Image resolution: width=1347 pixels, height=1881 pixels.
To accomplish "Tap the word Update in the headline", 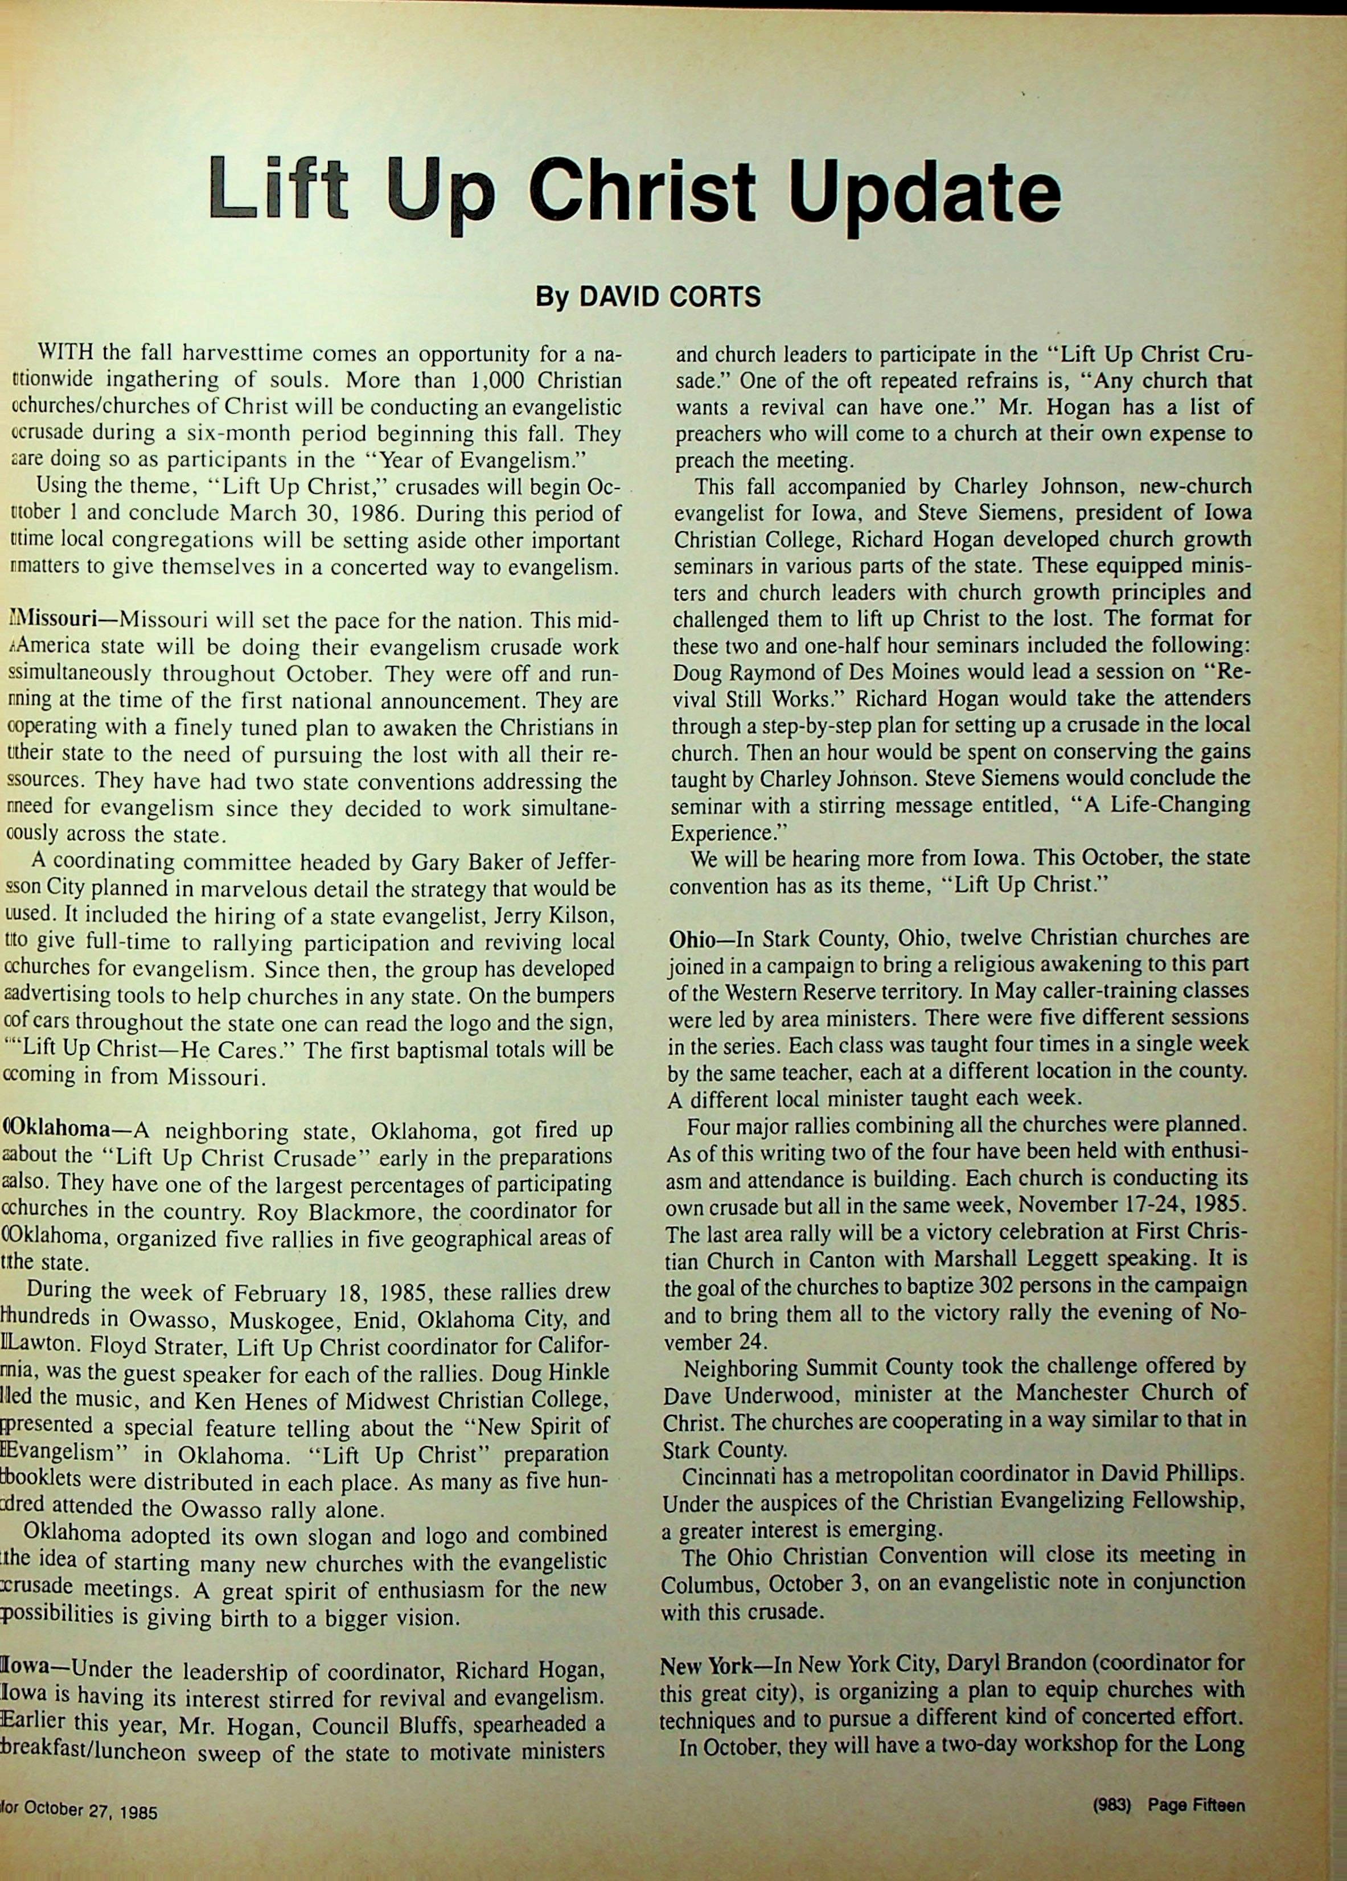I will pos(924,192).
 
